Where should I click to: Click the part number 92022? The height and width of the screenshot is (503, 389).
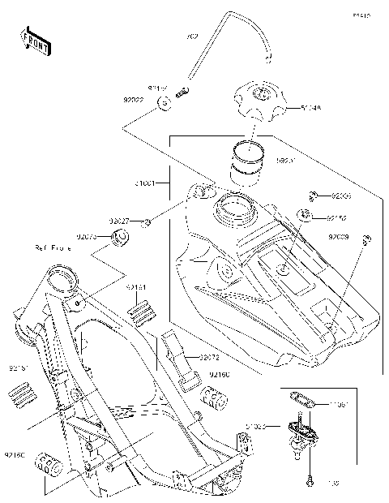click(134, 102)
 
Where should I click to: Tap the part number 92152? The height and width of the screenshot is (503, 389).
click(337, 217)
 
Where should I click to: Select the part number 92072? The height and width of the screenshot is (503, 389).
click(209, 356)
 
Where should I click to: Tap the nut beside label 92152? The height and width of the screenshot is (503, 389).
click(306, 216)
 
